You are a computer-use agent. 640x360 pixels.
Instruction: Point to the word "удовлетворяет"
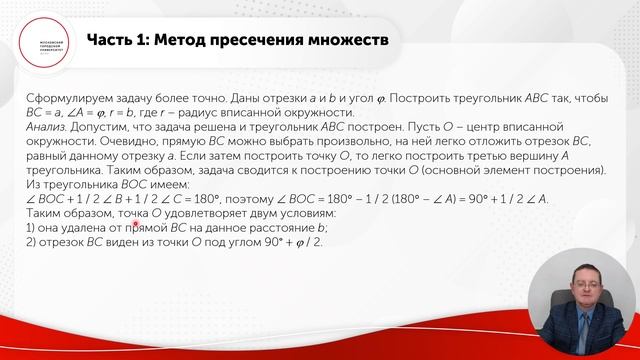click(204, 214)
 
